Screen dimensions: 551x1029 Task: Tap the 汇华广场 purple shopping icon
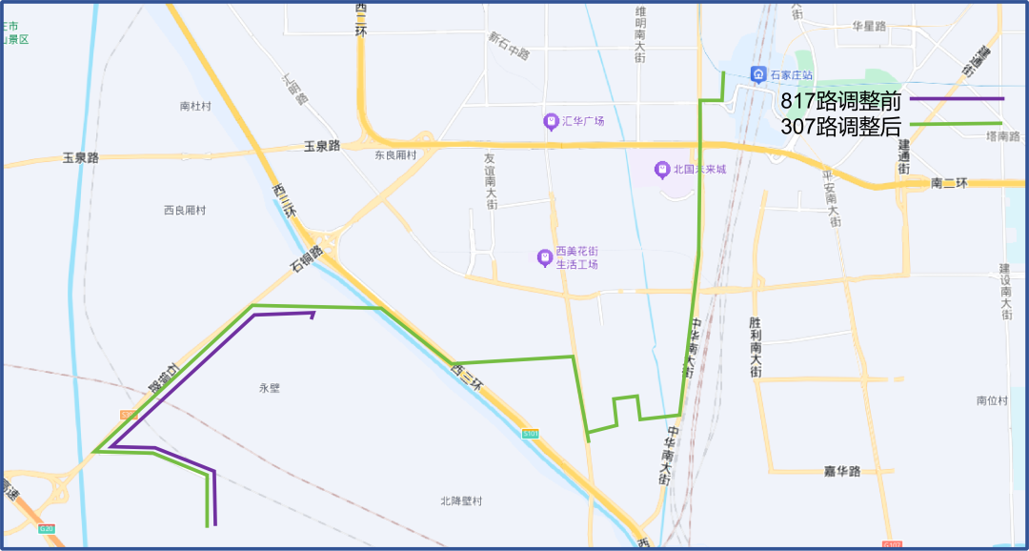click(551, 121)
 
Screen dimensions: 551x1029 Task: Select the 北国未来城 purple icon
click(662, 170)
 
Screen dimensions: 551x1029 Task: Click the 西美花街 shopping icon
click(544, 257)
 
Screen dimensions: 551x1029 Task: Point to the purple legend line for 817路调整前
click(957, 98)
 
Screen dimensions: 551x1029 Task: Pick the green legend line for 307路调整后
click(957, 124)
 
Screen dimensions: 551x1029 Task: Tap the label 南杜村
click(194, 106)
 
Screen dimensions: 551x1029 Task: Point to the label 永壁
click(270, 388)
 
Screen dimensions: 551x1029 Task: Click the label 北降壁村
click(462, 501)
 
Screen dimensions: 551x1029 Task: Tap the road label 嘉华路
click(842, 471)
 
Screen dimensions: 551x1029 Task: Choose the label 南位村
click(992, 400)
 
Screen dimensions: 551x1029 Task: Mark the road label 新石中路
click(509, 45)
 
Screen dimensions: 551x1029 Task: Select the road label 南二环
click(949, 182)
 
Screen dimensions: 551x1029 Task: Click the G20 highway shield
click(47, 528)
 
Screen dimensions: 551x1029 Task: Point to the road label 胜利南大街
click(755, 348)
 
